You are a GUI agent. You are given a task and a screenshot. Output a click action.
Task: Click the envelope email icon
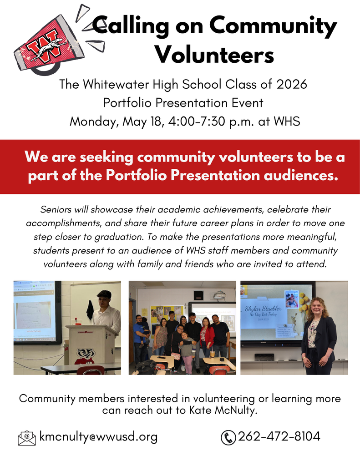tap(27, 437)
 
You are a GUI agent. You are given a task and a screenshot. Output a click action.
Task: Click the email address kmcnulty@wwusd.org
tap(98, 437)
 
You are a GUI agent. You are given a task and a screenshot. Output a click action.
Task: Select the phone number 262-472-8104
tap(279, 436)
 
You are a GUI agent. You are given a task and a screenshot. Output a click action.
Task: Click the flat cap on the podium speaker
tap(104, 294)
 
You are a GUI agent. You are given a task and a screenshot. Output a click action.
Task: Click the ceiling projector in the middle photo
tap(220, 295)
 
